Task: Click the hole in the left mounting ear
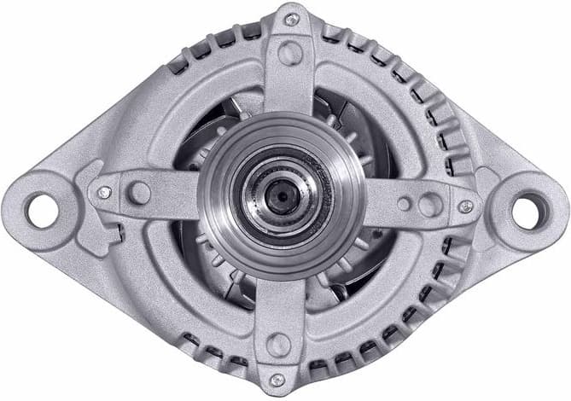click(41, 208)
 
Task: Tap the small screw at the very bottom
click(277, 381)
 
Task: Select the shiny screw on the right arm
click(465, 206)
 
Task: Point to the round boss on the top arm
click(290, 54)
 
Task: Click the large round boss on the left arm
click(139, 193)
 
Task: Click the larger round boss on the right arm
click(431, 205)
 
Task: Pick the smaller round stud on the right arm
click(404, 204)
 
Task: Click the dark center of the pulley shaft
click(279, 195)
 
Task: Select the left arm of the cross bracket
click(162, 193)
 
